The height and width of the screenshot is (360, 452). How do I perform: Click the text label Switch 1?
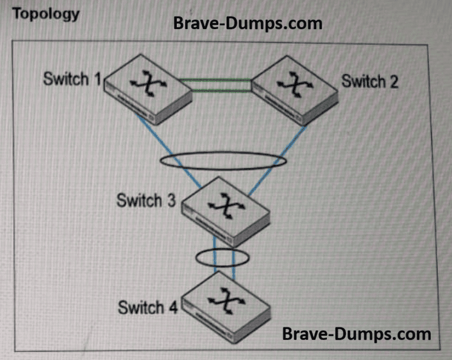(72, 79)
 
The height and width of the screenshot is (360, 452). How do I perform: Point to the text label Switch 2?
(370, 81)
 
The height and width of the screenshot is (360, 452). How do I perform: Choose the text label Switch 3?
(146, 200)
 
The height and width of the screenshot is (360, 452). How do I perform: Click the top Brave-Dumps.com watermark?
(247, 24)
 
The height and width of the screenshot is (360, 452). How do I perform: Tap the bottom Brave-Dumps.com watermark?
(356, 333)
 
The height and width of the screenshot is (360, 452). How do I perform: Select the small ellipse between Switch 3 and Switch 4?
(222, 257)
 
